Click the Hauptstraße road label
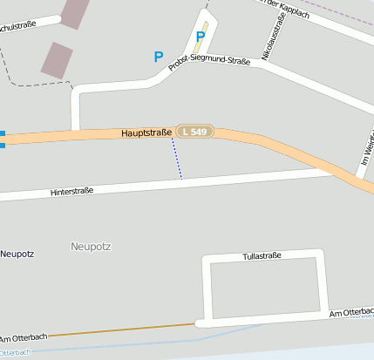pos(146,132)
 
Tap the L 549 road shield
pos(194,131)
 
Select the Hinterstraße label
pos(71,191)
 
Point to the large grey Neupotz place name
pos(91,247)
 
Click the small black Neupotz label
pos(17,255)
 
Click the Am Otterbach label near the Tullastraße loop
pos(350,311)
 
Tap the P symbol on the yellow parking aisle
pos(201,37)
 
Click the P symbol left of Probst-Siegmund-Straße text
pos(158,57)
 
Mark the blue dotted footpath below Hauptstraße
pos(176,158)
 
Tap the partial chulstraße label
pos(18,25)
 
